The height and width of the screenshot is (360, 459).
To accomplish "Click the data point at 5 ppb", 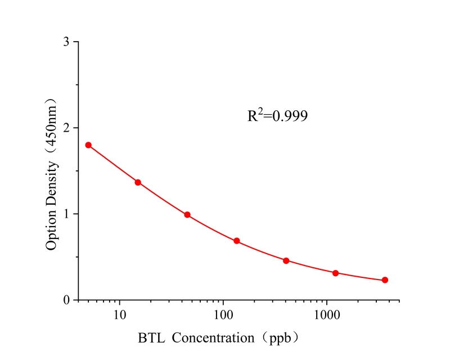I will coord(88,145).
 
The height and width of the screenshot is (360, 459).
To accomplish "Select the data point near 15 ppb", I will coord(138,182).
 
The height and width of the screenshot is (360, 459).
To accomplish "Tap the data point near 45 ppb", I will coord(187,215).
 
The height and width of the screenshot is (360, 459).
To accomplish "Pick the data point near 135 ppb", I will coord(237,241).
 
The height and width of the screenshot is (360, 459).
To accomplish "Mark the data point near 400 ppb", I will coord(286,261).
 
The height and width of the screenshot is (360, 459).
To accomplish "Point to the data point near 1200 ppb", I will coord(336,273).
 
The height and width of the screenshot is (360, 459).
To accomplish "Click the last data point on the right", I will coord(385,280).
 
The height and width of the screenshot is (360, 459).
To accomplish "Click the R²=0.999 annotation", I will coord(277,116).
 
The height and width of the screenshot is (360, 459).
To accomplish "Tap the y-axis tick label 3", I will coord(67,42).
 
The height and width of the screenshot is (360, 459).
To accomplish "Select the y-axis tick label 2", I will coord(67,128).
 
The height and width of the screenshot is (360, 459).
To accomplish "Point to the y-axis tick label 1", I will coord(67,214).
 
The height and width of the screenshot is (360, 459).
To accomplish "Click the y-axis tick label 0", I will coord(67,300).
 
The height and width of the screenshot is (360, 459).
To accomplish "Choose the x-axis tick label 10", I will coord(119,315).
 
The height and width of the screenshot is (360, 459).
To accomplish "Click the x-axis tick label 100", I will coord(223,315).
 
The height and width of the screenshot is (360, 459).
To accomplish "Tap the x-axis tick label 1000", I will coord(327,315).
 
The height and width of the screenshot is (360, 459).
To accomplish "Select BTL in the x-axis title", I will coord(150,339).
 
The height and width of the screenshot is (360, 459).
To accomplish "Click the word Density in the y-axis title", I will coord(52,180).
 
